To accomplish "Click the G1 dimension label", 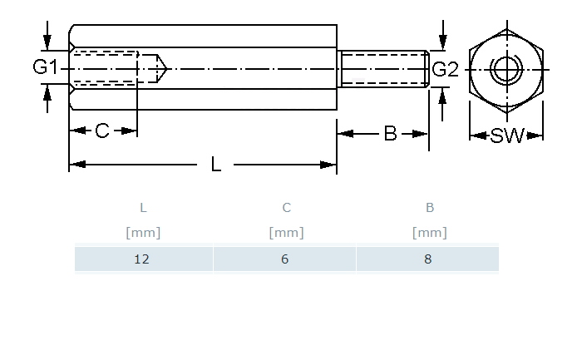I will pos(45,68).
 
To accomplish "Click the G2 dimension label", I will pos(445,69).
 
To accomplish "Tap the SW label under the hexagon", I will pos(506,136).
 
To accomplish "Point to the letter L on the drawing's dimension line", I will pos(216,165).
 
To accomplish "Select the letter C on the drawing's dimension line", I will pos(101,131).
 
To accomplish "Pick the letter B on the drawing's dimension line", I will pos(390,133).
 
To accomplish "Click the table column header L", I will pos(143,208).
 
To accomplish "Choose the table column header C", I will pos(286,208).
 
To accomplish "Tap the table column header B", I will pos(429,208).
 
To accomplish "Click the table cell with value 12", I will pos(142,259).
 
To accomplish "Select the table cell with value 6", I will pos(285,259).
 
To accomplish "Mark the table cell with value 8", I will pos(428,259).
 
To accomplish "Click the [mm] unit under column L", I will pos(143,233).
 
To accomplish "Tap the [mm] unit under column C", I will pos(286,233).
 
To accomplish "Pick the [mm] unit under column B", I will pos(429,233).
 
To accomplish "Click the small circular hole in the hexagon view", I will pos(505,68).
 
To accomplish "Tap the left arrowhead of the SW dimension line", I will pos(475,136).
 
